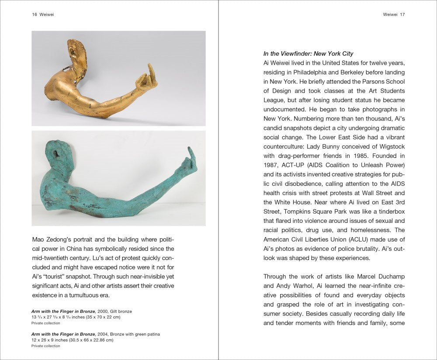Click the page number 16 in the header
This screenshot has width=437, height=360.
(x=34, y=14)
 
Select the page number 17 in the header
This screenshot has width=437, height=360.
(x=402, y=14)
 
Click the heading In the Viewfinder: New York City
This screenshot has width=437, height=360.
(x=308, y=54)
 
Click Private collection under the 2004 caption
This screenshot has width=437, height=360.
(x=46, y=346)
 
